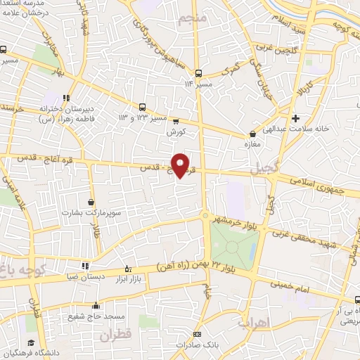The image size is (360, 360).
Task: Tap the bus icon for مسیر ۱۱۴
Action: (198, 72)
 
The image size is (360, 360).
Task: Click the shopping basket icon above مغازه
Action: (252, 134)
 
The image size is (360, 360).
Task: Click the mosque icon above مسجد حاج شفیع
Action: (96, 306)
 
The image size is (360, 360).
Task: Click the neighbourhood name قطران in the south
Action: (116, 337)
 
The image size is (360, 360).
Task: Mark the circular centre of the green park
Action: (233, 245)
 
